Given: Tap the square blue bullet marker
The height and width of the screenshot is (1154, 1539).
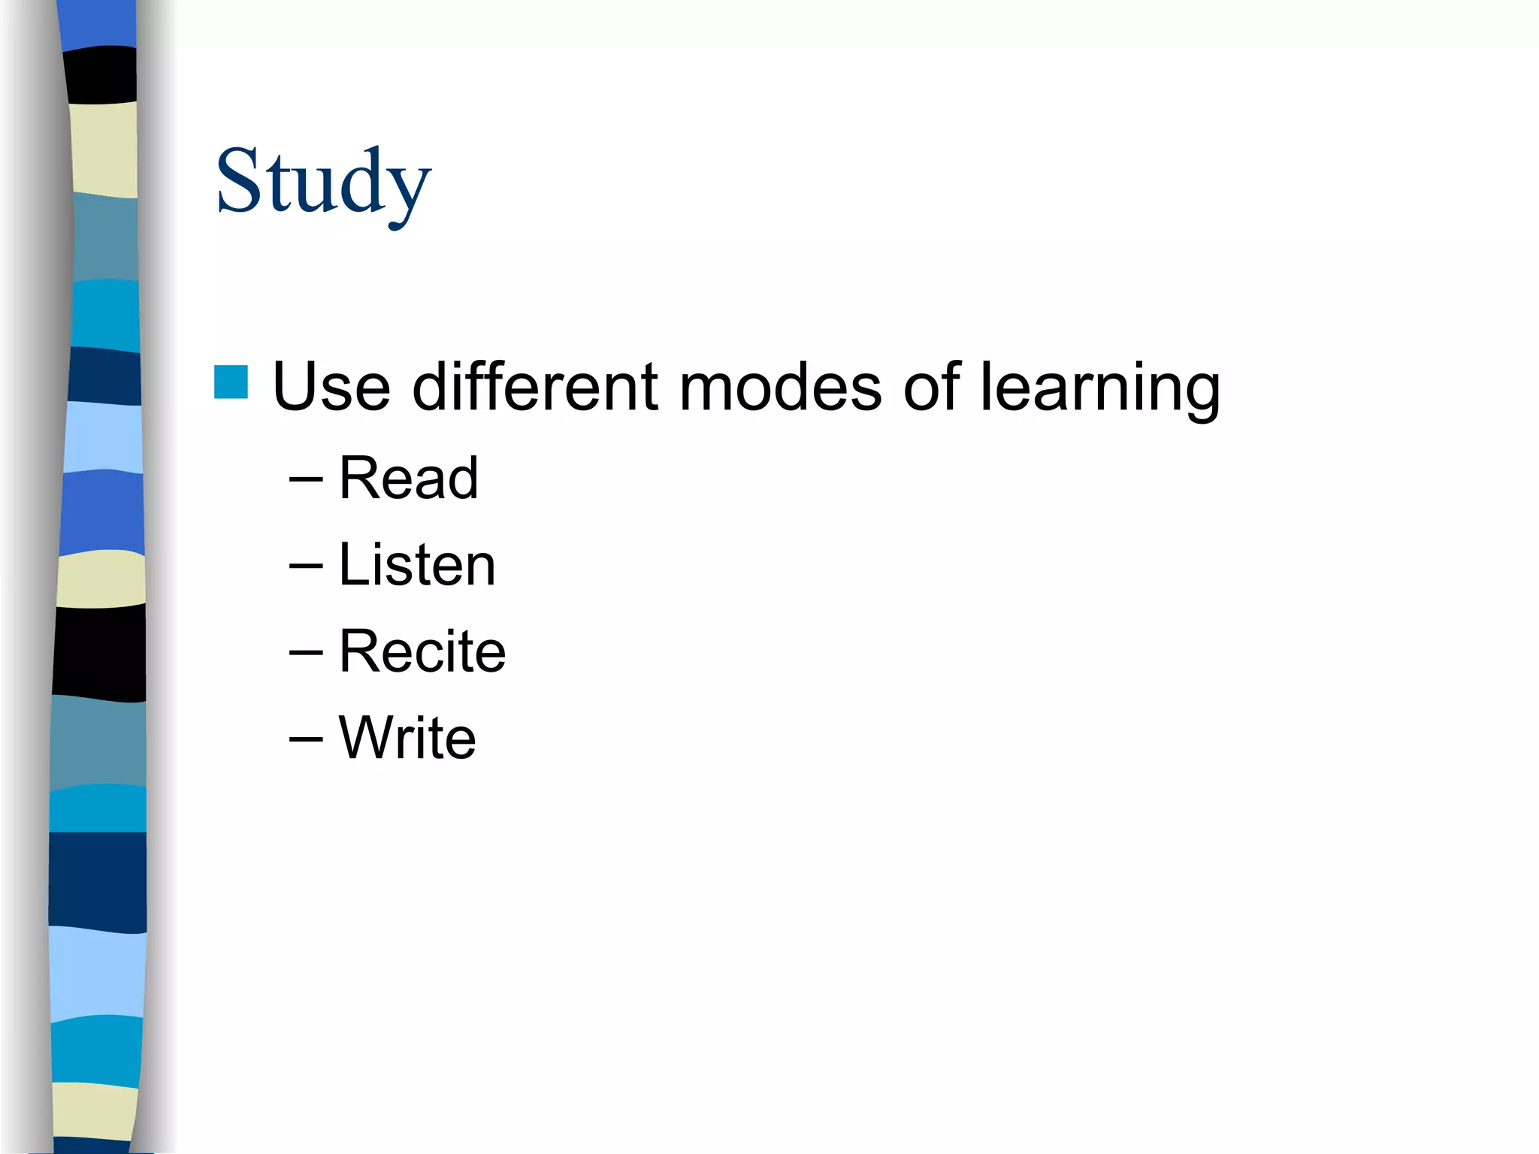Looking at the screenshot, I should click(231, 382).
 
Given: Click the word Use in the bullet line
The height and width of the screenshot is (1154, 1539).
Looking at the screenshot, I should click(331, 387).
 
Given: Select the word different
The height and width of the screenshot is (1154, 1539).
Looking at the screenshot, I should click(535, 387).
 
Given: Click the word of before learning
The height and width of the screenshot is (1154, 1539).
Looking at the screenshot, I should click(932, 387).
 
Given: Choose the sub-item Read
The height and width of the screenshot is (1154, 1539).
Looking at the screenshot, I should click(408, 478).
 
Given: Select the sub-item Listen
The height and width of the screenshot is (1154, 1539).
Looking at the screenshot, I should click(417, 565).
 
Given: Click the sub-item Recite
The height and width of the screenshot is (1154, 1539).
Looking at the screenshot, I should click(422, 651).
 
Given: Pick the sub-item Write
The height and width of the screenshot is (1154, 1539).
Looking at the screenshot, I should click(407, 738).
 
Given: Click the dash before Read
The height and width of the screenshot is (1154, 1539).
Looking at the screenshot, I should click(306, 479).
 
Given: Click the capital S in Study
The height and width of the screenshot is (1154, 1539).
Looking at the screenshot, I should click(238, 180).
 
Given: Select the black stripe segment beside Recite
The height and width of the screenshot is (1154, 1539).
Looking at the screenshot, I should click(99, 651).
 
